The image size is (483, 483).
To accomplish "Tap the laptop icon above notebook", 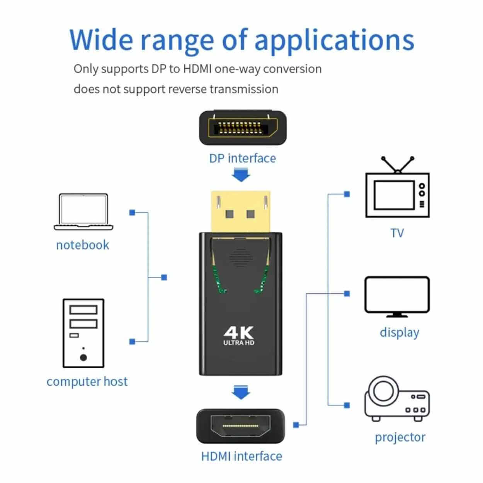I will (83, 212).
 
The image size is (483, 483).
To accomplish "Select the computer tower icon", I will (83, 333).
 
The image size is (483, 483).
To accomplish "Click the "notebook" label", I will (83, 245).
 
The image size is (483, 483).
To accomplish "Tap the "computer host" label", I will (87, 381).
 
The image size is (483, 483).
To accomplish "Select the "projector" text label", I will (400, 437).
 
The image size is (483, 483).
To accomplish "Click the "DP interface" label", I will (243, 158).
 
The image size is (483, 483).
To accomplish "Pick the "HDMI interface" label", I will (241, 456).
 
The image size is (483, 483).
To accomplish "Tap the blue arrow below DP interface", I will (241, 176).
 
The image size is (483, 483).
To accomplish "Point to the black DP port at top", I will (243, 128).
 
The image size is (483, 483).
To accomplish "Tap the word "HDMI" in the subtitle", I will (197, 69).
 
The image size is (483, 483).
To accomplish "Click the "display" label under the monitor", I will (399, 332).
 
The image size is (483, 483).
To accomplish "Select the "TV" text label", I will (397, 233).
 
